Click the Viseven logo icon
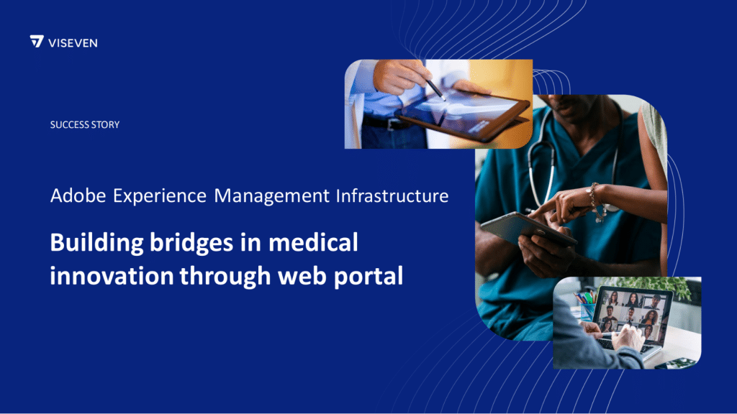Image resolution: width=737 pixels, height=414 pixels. [x=37, y=41]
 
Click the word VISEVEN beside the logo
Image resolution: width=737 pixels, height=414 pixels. [x=73, y=43]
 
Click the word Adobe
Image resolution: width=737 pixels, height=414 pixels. [x=78, y=195]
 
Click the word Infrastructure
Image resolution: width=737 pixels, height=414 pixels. [x=392, y=195]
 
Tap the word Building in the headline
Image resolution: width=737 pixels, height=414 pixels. [x=97, y=244]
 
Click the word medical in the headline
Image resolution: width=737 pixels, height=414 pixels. [x=313, y=242]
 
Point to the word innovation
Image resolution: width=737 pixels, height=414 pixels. [x=112, y=275]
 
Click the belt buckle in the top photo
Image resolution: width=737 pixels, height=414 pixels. [x=391, y=124]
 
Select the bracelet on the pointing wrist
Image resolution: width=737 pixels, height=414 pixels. [x=597, y=203]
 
